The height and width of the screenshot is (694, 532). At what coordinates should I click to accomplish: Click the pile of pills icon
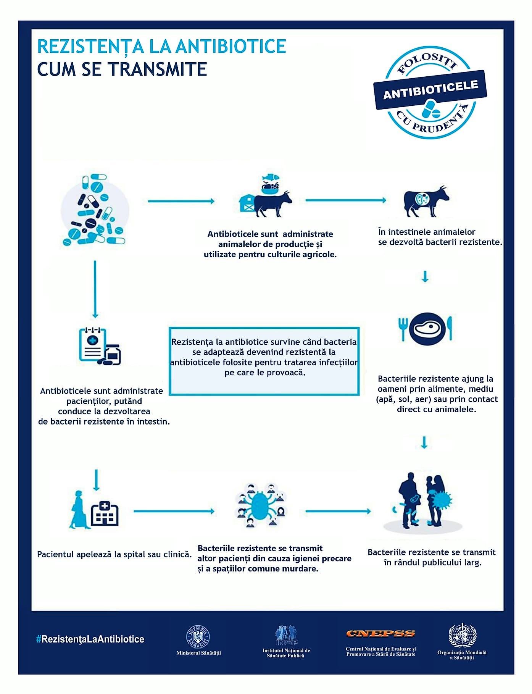click(95, 210)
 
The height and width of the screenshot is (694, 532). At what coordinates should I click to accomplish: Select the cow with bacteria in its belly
click(426, 201)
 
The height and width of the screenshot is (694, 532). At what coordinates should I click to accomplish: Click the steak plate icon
click(425, 328)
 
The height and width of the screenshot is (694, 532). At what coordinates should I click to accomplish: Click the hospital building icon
click(105, 514)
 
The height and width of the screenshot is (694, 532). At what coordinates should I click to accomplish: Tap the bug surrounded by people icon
click(261, 505)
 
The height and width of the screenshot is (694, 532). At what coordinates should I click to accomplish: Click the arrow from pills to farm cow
click(181, 201)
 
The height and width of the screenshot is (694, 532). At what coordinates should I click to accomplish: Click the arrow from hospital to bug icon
click(174, 511)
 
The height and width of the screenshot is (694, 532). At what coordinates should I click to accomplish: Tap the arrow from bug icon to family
click(339, 511)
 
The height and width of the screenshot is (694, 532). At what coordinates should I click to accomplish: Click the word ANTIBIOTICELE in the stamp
click(430, 90)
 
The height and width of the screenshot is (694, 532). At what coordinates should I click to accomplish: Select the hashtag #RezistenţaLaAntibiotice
click(90, 639)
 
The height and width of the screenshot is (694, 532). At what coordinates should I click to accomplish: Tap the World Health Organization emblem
click(462, 634)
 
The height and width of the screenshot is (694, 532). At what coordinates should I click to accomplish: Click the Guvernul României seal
click(198, 637)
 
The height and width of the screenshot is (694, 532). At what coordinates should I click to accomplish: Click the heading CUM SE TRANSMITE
click(122, 69)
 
